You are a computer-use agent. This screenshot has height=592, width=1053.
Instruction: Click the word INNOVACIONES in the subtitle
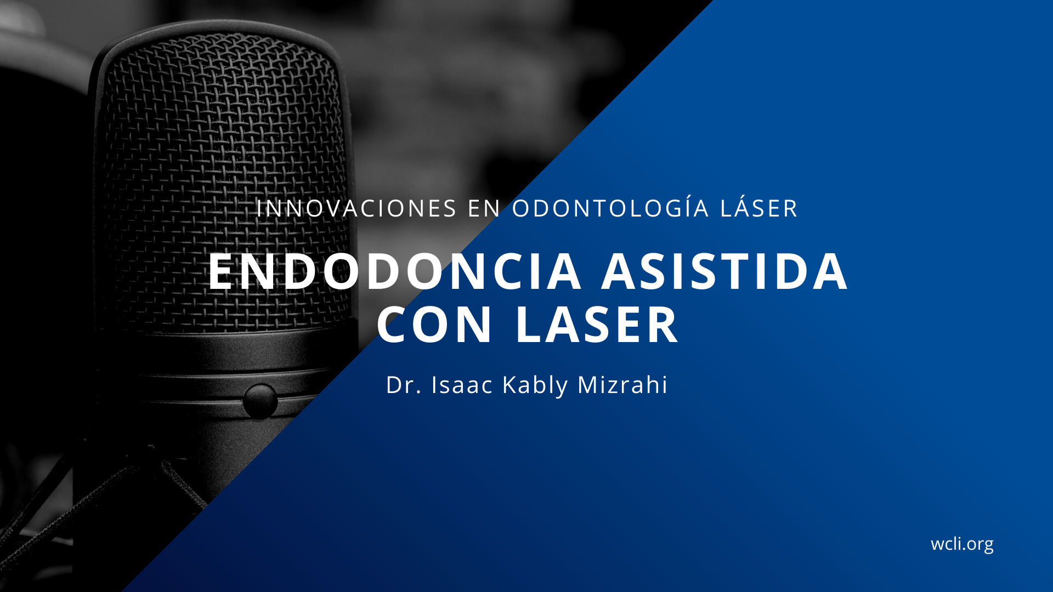tap(356, 209)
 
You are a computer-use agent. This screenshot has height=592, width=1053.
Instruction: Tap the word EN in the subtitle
tap(485, 209)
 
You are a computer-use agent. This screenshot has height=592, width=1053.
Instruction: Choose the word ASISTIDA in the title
tap(725, 271)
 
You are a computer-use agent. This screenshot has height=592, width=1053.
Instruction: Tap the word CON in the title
tap(434, 325)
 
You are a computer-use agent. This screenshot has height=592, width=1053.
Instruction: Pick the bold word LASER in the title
tap(597, 325)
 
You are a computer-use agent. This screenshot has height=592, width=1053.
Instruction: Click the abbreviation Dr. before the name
tap(404, 385)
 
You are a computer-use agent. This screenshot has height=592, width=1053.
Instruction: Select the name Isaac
tap(462, 385)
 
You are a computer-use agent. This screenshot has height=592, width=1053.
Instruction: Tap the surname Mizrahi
tap(622, 385)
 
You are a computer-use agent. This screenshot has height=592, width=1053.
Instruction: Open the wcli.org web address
tap(962, 544)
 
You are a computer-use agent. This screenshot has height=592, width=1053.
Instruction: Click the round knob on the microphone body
tap(260, 401)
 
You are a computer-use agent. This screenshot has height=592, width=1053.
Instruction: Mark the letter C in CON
tap(394, 325)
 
